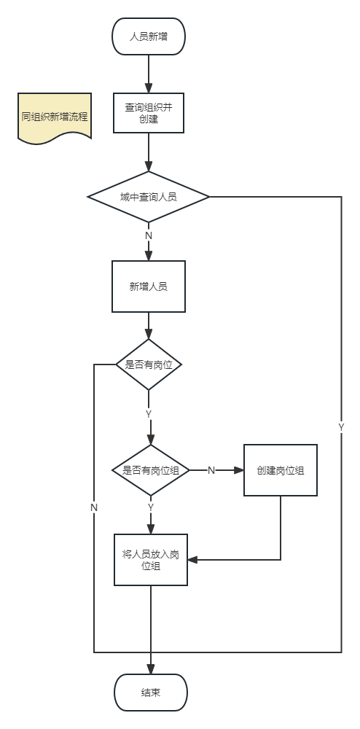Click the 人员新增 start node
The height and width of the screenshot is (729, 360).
tap(149, 36)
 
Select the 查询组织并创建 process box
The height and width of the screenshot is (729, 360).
tap(149, 112)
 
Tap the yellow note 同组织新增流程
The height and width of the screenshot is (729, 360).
tap(55, 117)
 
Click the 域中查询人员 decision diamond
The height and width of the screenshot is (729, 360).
tap(149, 197)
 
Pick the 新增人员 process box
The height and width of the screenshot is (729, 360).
tap(149, 286)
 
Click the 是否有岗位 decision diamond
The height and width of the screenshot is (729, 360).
tap(149, 364)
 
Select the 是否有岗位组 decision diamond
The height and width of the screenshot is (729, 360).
tap(151, 470)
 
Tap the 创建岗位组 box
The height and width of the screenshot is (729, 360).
tap(281, 470)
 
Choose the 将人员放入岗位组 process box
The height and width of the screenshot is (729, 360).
tap(151, 560)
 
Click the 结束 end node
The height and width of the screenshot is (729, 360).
tap(151, 692)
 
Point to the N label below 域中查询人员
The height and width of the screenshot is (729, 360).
tap(149, 235)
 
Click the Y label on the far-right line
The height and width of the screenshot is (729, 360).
tap(341, 427)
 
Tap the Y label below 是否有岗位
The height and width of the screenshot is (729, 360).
tap(149, 414)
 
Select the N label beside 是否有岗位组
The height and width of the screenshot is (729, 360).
tap(211, 470)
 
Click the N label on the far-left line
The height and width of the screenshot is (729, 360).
tap(94, 507)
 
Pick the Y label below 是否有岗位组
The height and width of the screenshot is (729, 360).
tap(151, 507)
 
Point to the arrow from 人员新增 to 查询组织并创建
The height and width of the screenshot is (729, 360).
tap(149, 73)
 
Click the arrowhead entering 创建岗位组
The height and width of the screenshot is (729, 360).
tap(240, 470)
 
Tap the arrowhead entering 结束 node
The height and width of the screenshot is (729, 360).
tap(151, 670)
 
